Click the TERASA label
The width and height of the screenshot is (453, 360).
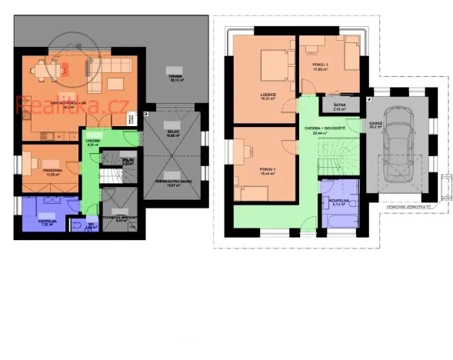pyautogui.click(x=176, y=78)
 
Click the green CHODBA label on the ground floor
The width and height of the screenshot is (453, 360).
pyautogui.click(x=90, y=142)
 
